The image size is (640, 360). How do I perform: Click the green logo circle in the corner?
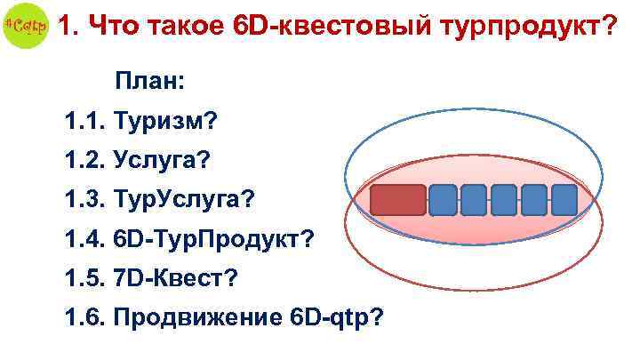point(24,27)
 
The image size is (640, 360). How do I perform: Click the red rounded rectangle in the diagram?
point(398,201)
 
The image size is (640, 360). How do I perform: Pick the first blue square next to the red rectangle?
point(443,201)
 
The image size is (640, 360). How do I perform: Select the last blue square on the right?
point(564,201)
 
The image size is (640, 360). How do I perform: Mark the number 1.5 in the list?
point(84,277)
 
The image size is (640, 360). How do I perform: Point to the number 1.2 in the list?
point(84,160)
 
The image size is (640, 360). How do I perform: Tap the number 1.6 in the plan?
point(84,316)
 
